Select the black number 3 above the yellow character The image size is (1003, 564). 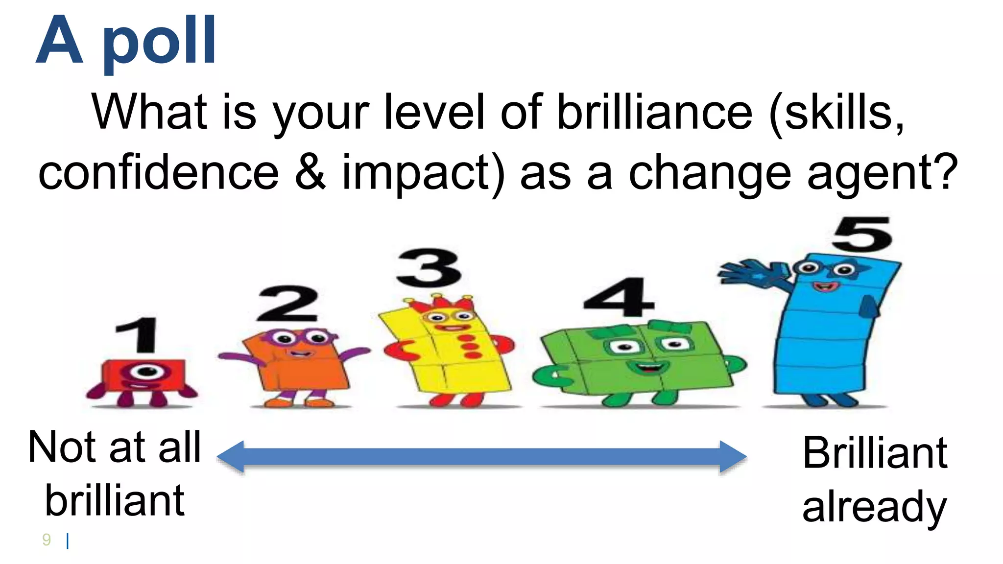click(x=429, y=268)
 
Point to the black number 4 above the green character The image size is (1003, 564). click(x=619, y=297)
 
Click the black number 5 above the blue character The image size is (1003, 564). click(x=862, y=234)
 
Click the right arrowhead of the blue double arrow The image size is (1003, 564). click(x=733, y=457)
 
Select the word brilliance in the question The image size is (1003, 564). click(x=654, y=113)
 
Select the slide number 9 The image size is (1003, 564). click(x=47, y=540)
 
